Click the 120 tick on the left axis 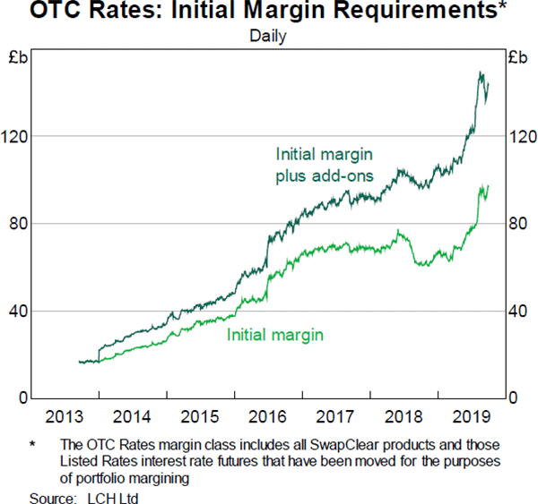point(19,136)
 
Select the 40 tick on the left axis point(22,311)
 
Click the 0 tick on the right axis point(513,398)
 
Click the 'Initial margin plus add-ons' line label point(324,164)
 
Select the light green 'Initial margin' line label point(275,335)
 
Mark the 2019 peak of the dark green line point(481,73)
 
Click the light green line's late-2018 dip point(421,265)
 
